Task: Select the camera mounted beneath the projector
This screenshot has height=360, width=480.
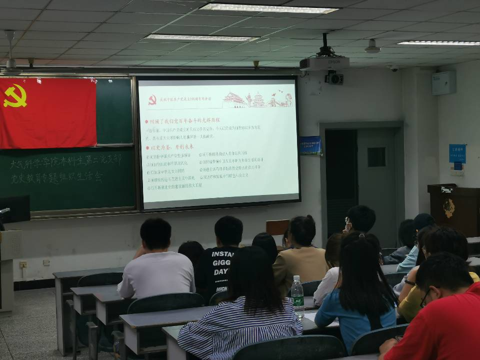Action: [x=334, y=78]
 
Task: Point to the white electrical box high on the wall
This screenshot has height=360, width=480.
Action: [x=443, y=82]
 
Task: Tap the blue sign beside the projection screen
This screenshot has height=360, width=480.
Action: [x=310, y=145]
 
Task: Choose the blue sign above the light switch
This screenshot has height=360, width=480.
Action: [x=457, y=153]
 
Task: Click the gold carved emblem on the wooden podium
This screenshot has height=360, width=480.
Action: [x=448, y=208]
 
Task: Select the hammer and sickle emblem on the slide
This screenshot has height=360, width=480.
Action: [x=152, y=100]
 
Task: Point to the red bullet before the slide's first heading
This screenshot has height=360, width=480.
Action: [x=146, y=121]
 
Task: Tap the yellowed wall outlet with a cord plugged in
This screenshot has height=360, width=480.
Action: [x=23, y=264]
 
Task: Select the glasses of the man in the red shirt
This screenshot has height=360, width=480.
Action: [x=425, y=298]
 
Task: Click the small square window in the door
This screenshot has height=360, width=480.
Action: [x=376, y=157]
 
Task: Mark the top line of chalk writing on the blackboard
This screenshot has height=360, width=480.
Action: [x=65, y=161]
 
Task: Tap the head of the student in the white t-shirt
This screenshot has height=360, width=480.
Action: [x=155, y=233]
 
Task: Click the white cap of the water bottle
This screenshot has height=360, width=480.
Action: [x=297, y=277]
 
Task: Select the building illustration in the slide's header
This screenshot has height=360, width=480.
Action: [x=257, y=99]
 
